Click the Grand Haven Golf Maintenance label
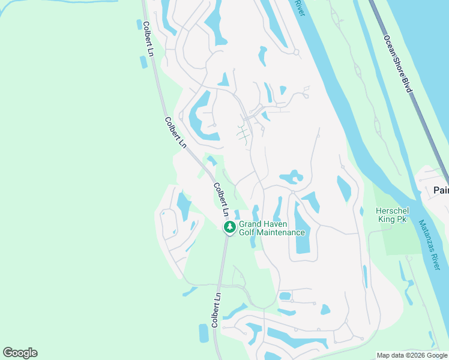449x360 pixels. pyautogui.click(x=272, y=229)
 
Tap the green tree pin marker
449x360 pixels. pyautogui.click(x=229, y=227)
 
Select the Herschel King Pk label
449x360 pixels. pyautogui.click(x=391, y=215)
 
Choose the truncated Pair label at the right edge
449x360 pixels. pyautogui.click(x=441, y=190)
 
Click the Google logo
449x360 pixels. pyautogui.click(x=20, y=352)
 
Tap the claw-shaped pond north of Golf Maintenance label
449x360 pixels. pyautogui.click(x=292, y=177)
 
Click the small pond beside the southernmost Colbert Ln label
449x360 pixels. pyautogui.click(x=203, y=333)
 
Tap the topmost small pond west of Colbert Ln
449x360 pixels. pyautogui.click(x=139, y=25)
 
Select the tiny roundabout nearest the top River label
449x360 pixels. pyautogui.click(x=297, y=52)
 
